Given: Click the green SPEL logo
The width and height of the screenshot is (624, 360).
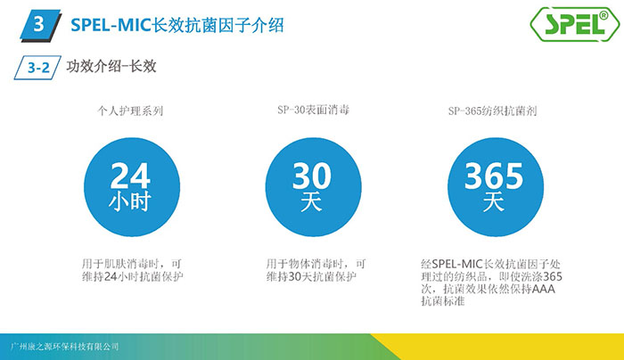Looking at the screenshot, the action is pyautogui.click(x=575, y=24).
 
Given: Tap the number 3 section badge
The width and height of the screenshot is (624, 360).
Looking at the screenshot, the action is pyautogui.click(x=41, y=26).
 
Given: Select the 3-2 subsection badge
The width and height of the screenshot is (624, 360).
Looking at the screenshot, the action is pyautogui.click(x=37, y=68).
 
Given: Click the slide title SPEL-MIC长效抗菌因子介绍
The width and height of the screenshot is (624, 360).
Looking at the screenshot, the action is pyautogui.click(x=177, y=26).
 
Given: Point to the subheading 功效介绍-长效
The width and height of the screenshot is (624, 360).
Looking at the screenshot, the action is pyautogui.click(x=111, y=66).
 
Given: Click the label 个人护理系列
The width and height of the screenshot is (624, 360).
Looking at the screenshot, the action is pyautogui.click(x=130, y=110).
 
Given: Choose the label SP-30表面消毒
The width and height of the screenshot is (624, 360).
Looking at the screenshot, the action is pyautogui.click(x=313, y=110).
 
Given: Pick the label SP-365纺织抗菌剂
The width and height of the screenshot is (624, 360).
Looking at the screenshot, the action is pyautogui.click(x=492, y=110).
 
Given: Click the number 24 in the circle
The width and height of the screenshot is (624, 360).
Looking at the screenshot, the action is pyautogui.click(x=130, y=176).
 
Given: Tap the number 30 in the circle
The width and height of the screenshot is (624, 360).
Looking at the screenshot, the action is pyautogui.click(x=312, y=176).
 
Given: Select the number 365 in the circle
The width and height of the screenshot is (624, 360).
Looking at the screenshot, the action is pyautogui.click(x=494, y=176).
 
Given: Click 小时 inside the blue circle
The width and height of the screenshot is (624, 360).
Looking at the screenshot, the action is pyautogui.click(x=130, y=200).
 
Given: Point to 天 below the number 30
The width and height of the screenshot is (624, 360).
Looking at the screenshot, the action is pyautogui.click(x=311, y=201).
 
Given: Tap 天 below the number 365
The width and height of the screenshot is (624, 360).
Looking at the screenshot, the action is pyautogui.click(x=494, y=201).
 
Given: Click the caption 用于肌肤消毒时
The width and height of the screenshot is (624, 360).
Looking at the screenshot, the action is pyautogui.click(x=120, y=264).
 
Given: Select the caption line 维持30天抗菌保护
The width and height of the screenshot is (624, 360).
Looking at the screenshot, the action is pyautogui.click(x=311, y=276).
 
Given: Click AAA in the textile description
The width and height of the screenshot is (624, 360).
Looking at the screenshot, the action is pyautogui.click(x=543, y=289).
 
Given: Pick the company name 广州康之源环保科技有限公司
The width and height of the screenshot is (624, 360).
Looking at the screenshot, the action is pyautogui.click(x=64, y=347).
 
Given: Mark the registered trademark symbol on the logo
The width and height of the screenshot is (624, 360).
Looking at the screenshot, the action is pyautogui.click(x=603, y=15).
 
